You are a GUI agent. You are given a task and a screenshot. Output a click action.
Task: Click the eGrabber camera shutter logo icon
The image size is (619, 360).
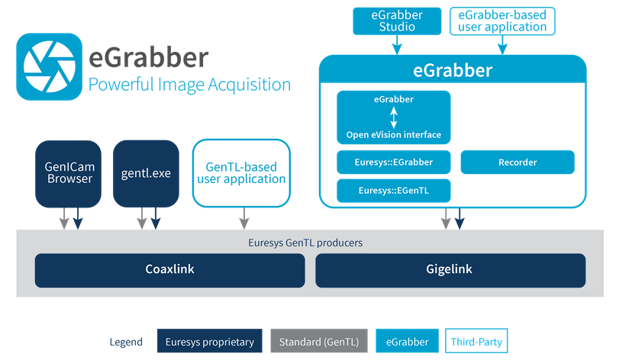tap(49, 66)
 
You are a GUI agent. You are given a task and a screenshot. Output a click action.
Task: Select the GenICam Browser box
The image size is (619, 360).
tap(68, 174)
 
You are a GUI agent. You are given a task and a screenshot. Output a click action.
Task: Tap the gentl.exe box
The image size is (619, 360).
tap(146, 174)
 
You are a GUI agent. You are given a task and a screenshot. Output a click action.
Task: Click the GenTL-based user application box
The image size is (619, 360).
tap(242, 173)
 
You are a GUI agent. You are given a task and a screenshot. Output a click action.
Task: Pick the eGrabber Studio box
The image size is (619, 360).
tap(397, 21)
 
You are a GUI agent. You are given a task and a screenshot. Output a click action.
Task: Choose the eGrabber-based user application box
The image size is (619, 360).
tap(502, 21)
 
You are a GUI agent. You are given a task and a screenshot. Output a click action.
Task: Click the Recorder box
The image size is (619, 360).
tap(517, 162)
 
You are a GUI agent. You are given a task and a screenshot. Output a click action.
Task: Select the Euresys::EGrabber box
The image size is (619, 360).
tap(394, 162)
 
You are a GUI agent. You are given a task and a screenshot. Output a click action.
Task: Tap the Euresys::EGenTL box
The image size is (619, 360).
tap(394, 191)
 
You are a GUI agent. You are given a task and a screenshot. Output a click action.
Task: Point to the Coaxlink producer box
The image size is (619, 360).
tap(169, 270)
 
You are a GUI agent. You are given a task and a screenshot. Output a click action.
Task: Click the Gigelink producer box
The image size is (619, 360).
tap(450, 270)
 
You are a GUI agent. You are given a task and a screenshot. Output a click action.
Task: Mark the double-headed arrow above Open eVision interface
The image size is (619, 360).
tap(394, 117)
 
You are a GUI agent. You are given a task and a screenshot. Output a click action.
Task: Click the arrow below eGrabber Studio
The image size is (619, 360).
tap(397, 44)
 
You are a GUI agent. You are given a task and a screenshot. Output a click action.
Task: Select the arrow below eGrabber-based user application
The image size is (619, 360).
tap(502, 45)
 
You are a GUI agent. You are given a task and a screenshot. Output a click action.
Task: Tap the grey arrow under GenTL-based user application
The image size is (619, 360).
tap(244, 218)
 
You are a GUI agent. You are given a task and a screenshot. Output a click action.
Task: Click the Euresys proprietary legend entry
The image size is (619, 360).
tap(210, 341)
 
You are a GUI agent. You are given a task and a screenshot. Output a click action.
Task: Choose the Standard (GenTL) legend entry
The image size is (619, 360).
tap(319, 341)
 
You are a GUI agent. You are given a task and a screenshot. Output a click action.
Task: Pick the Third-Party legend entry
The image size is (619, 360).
tap(476, 341)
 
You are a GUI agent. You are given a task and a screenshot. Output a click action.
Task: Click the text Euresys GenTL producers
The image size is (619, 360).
tap(305, 243)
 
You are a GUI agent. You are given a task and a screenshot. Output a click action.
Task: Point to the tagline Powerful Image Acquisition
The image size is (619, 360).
tap(189, 85)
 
